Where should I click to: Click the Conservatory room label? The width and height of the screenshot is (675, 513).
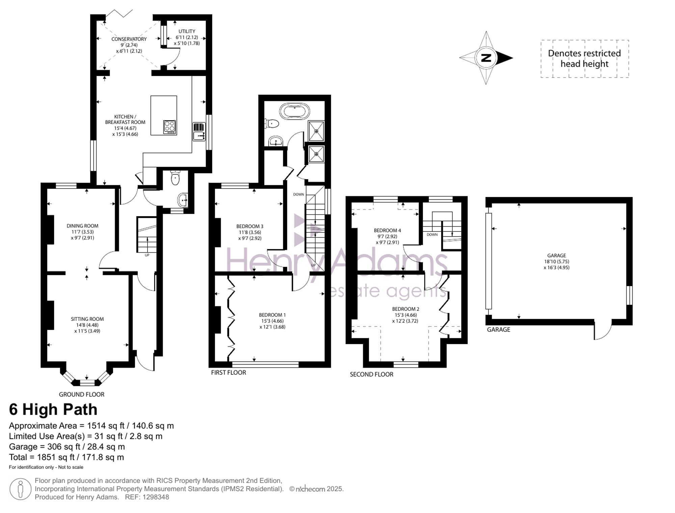tap(129, 39)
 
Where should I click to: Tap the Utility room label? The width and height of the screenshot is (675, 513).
tap(187, 31)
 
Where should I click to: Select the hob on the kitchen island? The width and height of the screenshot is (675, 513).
tap(170, 127)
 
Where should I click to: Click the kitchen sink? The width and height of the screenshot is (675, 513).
tap(199, 136)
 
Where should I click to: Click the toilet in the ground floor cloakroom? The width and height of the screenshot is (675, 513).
tap(175, 178)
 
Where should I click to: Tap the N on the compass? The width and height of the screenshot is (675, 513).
tap(486, 58)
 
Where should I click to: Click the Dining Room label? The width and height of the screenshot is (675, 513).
tap(83, 226)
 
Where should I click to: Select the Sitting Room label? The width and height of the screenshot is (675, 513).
tap(87, 319)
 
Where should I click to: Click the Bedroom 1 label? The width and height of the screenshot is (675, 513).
tap(272, 315)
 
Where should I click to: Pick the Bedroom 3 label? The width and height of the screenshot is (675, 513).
tap(250, 226)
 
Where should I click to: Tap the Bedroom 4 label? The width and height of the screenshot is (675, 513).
tap(387, 231)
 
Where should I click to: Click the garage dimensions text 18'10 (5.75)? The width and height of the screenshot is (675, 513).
tap(557, 262)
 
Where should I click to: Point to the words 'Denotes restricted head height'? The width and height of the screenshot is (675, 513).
tap(585, 59)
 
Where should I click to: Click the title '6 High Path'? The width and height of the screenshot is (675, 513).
tap(53, 409)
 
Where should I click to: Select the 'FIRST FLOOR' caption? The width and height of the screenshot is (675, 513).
tap(228, 373)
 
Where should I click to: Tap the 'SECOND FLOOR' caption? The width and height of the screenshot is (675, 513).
tap(372, 374)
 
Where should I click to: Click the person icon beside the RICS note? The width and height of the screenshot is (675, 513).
tap(20, 489)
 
